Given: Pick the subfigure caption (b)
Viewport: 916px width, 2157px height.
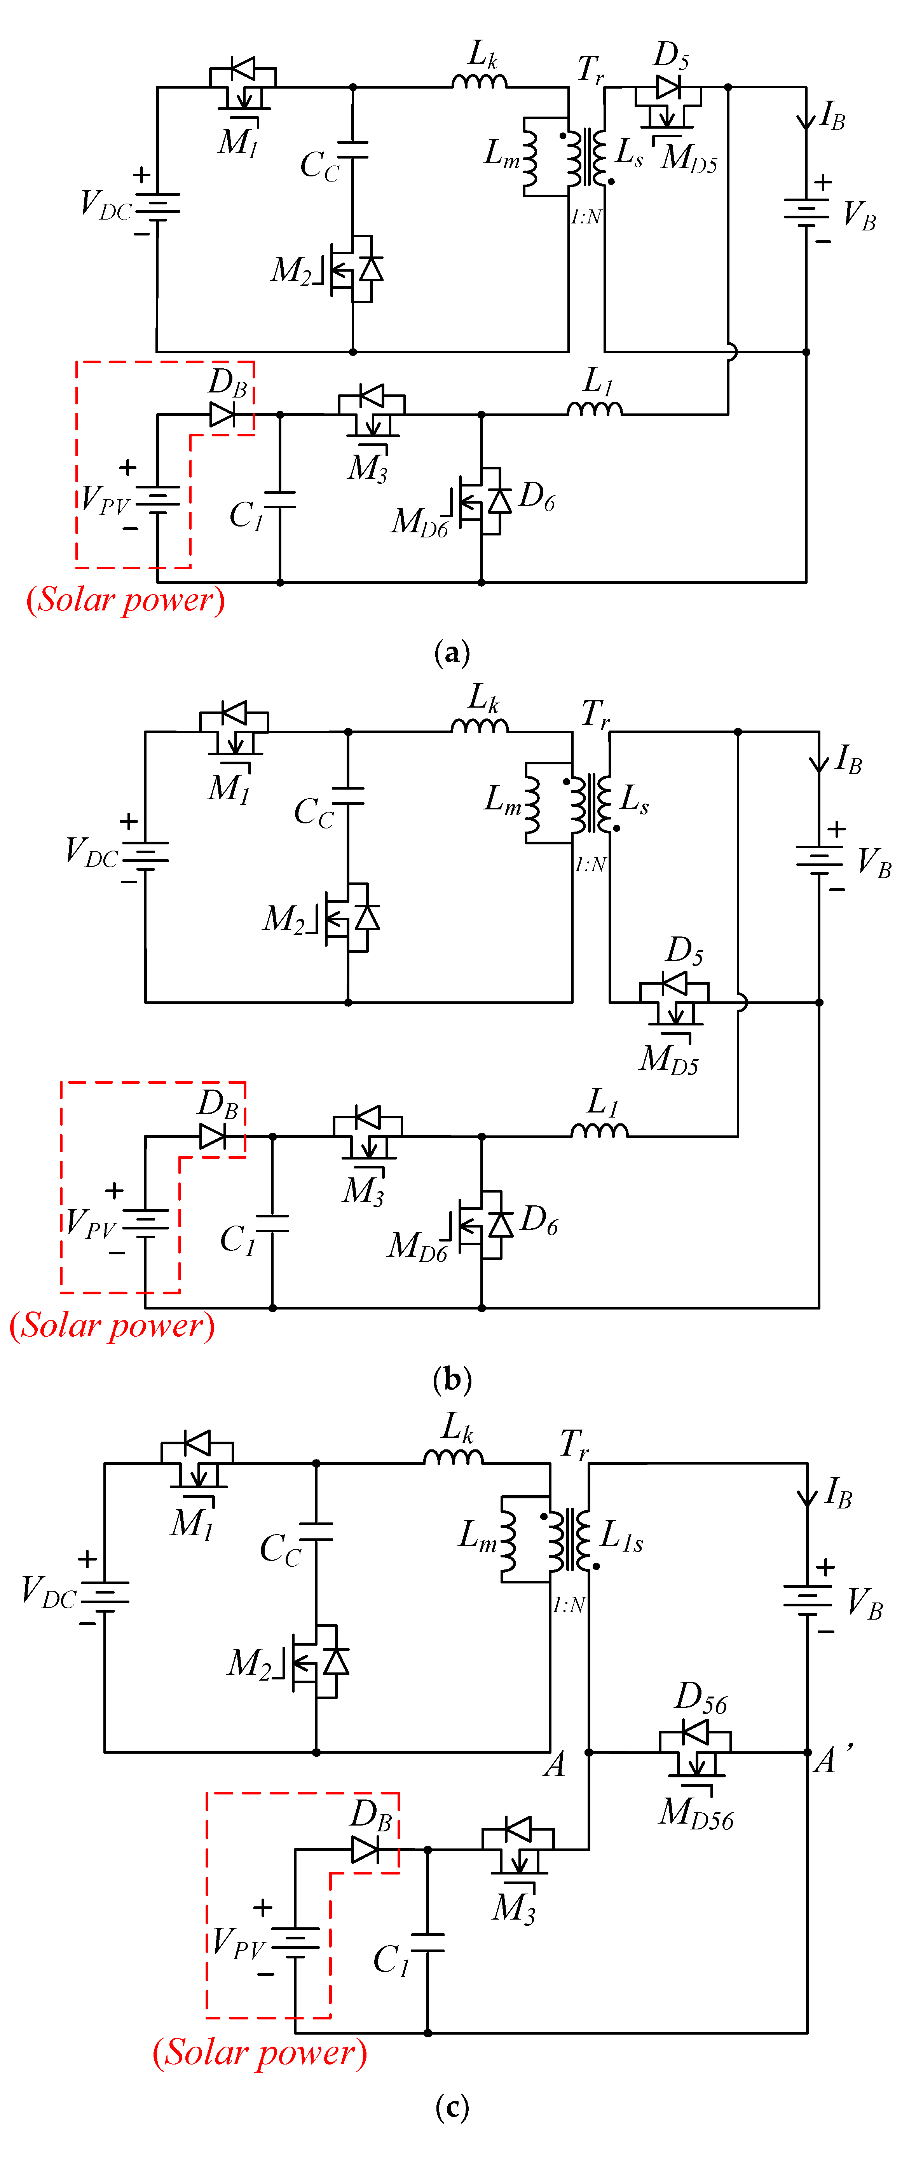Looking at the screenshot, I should [452, 1378].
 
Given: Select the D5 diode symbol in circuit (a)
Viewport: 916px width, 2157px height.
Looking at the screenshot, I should [668, 87].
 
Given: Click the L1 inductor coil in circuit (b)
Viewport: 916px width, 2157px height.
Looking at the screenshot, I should [598, 1131].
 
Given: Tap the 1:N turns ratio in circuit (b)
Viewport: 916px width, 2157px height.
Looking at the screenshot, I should [590, 864].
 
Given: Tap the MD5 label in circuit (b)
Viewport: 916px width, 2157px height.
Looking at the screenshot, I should [668, 1059].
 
